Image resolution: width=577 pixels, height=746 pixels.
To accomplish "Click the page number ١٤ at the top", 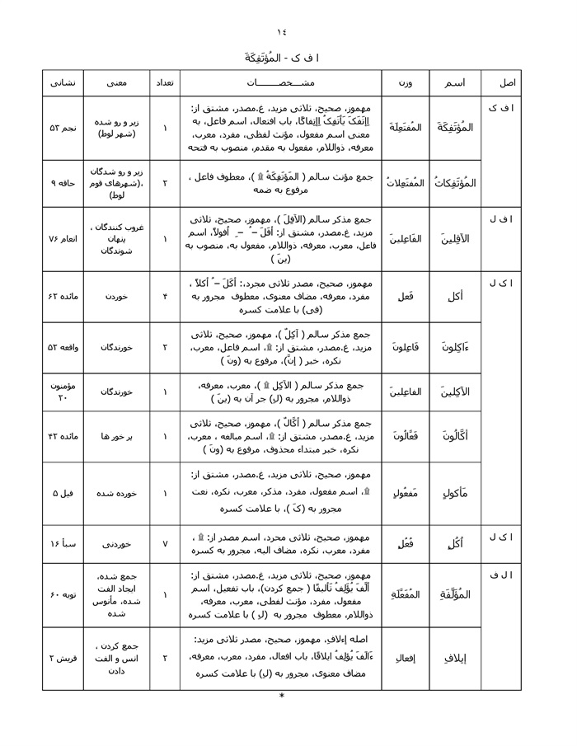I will pos(282,32).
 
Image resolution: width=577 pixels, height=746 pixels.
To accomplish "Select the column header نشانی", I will pos(63,83).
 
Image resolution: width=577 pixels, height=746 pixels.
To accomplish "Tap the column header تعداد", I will pos(165,83).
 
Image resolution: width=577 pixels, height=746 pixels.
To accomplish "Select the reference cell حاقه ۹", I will pos(63,182).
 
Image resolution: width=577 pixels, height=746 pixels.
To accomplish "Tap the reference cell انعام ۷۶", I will pos(63,239).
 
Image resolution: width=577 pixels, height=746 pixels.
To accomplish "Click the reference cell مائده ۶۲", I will pos(63,293).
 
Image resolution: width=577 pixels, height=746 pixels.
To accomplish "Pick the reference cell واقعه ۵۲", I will pos(63,348).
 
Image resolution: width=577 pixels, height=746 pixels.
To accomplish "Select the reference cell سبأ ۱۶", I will pos(63,544).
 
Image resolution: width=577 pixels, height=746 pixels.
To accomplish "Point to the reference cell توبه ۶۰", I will pos(63,594).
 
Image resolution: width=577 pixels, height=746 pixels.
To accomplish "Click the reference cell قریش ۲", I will pos(63,659).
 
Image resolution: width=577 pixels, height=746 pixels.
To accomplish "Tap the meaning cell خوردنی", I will pos(115,544).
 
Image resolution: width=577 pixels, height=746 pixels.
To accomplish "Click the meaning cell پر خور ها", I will pos(115,435).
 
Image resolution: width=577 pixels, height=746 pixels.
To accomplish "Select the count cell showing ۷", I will pos(165,544).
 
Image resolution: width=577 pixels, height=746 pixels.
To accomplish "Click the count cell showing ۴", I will pos(165,293).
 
